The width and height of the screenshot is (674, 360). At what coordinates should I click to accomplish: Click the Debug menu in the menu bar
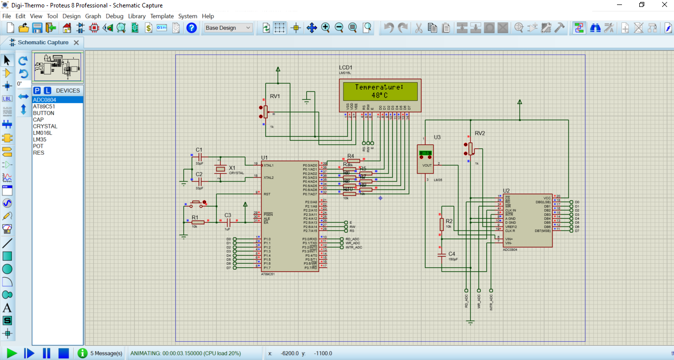pos(114,16)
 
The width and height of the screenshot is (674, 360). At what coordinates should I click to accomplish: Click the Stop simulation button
pos(63,353)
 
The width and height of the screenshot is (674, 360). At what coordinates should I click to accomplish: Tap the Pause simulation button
pos(47,353)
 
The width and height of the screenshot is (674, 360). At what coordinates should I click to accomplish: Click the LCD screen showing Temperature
pos(380,91)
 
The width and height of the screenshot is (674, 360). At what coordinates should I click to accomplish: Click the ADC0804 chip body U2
pos(527,220)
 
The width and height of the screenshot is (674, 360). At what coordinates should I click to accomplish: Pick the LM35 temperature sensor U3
pos(425,159)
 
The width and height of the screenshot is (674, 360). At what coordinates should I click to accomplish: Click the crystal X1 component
pos(221,169)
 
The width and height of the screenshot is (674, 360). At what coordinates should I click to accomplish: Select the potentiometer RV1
pos(265,113)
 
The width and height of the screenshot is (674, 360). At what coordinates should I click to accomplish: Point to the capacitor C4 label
pos(451,253)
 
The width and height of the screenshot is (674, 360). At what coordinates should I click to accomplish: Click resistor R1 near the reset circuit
pos(197,222)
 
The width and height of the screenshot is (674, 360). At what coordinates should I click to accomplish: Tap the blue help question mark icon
pos(192,28)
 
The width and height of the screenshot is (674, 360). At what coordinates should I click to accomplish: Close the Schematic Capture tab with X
pos(76,43)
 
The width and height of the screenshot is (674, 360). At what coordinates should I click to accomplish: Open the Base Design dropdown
pos(228,28)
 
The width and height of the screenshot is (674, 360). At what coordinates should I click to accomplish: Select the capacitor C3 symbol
pos(228,222)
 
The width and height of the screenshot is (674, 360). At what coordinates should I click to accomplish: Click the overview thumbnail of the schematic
pos(57,67)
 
